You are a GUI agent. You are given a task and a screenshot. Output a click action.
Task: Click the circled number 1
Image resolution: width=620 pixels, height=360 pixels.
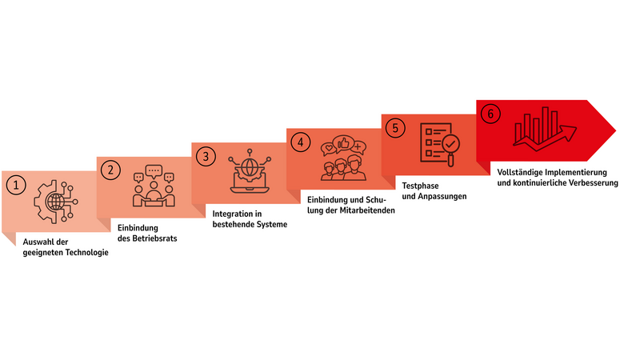[x=16, y=185]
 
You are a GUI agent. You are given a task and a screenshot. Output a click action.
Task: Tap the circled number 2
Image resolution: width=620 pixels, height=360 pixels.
[x=110, y=170]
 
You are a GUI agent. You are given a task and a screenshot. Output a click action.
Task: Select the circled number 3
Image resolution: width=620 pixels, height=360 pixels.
[x=206, y=156]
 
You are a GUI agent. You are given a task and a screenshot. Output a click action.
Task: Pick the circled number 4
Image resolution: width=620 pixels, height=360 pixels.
[x=301, y=142]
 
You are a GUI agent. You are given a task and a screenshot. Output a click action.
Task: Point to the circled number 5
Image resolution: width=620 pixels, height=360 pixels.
[x=395, y=128]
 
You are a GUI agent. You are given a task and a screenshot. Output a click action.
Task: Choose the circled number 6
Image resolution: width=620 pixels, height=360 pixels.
[x=490, y=114]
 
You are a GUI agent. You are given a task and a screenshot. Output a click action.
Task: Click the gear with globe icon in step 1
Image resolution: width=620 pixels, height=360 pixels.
[x=55, y=202]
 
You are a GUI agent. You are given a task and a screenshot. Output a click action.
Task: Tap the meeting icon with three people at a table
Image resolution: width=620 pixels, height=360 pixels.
[x=154, y=186]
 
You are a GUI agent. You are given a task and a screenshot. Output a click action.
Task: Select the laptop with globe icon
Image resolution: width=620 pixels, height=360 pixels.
[x=250, y=171]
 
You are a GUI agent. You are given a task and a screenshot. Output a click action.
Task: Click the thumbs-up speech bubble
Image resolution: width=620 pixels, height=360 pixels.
[x=343, y=144]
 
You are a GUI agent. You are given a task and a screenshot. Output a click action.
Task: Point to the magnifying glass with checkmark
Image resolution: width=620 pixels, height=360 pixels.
[x=451, y=148]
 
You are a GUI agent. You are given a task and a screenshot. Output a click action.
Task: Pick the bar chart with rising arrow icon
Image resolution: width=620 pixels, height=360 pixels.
[x=545, y=129]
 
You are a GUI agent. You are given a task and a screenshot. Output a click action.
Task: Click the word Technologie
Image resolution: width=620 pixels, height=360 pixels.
[x=87, y=252]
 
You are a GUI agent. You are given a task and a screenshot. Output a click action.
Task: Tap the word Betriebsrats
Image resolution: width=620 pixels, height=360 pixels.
[x=154, y=238]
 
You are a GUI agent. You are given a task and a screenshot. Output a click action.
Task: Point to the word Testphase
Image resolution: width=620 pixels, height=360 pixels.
[x=420, y=186]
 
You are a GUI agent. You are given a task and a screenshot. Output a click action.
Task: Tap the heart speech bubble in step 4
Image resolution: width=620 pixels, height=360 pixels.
[x=328, y=149]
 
